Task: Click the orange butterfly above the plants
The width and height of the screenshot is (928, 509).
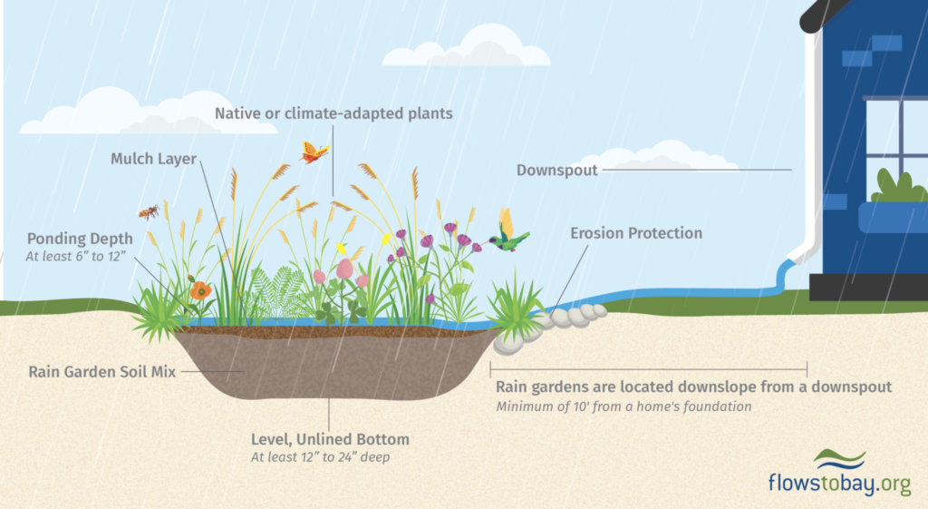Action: (314, 152)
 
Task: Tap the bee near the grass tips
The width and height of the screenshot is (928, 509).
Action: (150, 211)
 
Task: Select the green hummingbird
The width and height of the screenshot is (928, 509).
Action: (507, 232)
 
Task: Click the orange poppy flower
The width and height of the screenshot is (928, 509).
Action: (200, 290)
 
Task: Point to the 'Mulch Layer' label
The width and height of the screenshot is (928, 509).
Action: (153, 159)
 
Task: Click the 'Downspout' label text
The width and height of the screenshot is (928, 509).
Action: (557, 171)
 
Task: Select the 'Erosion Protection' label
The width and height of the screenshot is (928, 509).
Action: (636, 233)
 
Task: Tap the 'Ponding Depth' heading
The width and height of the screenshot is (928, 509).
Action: (80, 239)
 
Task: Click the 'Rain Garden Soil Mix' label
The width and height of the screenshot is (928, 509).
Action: (102, 372)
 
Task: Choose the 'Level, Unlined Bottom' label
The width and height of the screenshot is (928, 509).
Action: (330, 440)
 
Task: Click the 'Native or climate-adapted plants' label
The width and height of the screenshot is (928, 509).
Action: (333, 113)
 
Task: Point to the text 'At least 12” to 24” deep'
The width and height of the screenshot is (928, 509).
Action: (320, 457)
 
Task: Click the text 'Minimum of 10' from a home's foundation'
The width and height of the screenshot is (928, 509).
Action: (623, 407)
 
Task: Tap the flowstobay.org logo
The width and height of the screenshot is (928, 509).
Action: (840, 474)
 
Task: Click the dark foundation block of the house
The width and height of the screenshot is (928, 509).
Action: (868, 287)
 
